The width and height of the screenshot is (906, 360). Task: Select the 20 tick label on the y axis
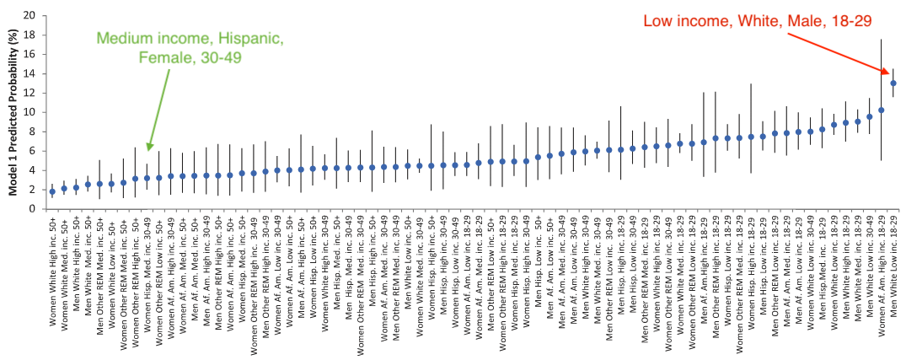pos(30,15)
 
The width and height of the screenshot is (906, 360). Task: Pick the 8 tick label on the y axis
pos(33,132)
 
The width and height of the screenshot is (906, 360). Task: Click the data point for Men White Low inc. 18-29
pos(893,83)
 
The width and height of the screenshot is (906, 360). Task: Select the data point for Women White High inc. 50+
pos(52,191)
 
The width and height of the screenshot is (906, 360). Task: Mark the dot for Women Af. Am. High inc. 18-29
pos(882,110)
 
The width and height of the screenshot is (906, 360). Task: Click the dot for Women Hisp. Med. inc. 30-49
pos(147,178)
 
